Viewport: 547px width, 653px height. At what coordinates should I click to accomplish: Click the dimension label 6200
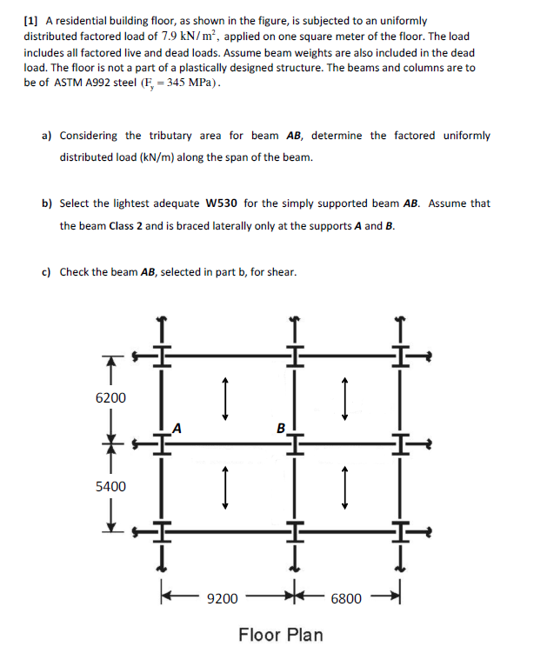[110, 398]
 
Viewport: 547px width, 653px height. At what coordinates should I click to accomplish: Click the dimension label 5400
[110, 487]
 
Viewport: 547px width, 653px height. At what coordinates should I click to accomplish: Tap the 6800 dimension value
[346, 599]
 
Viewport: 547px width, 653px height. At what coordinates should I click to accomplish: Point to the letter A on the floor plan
[177, 427]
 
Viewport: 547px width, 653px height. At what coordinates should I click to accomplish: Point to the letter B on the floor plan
[280, 428]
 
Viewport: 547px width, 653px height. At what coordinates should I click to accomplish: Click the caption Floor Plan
[280, 635]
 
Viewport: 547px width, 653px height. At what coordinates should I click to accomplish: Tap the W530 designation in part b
[223, 203]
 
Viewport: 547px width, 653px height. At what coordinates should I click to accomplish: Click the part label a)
[46, 136]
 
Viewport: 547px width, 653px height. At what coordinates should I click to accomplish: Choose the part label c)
[46, 272]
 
